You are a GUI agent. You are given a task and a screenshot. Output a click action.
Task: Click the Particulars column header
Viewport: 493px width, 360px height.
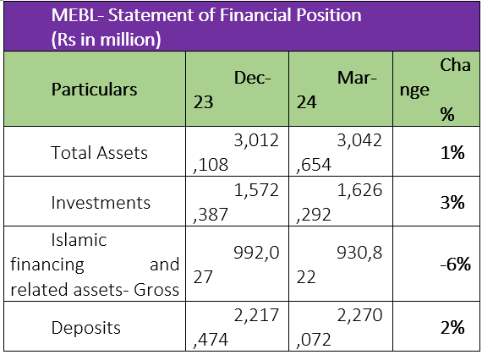(x=95, y=90)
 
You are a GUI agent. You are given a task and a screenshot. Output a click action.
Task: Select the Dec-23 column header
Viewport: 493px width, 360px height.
(x=233, y=90)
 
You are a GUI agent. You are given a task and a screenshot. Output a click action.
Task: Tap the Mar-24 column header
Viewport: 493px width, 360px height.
(x=337, y=90)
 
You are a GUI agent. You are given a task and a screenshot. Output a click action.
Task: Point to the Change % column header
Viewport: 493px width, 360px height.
(x=435, y=90)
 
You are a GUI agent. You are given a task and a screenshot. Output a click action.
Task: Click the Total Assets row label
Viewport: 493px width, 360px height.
(x=99, y=153)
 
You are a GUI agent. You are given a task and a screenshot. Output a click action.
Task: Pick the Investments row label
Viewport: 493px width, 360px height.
(x=101, y=203)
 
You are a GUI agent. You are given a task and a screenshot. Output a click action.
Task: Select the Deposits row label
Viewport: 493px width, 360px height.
(x=86, y=328)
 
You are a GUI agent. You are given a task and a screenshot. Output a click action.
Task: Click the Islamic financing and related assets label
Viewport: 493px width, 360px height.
(x=95, y=265)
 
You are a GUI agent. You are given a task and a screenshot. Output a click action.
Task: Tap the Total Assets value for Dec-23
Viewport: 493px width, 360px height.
(x=236, y=153)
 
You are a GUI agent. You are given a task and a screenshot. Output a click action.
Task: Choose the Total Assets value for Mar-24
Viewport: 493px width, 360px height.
(x=340, y=153)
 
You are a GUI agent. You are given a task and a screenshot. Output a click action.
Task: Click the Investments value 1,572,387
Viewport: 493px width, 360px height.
(x=236, y=203)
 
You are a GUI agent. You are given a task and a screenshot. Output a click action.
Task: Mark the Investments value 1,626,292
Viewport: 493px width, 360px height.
(x=340, y=203)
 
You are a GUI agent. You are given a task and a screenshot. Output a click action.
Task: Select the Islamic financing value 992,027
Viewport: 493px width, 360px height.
(x=237, y=265)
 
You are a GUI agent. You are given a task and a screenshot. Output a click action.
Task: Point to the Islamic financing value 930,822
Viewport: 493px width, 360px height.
(x=340, y=265)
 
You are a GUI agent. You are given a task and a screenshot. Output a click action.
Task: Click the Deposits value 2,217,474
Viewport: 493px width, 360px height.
(x=236, y=327)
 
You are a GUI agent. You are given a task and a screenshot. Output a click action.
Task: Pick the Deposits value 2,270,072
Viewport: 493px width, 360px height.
(x=340, y=327)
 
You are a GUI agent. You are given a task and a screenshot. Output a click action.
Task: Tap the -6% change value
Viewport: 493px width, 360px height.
(x=455, y=265)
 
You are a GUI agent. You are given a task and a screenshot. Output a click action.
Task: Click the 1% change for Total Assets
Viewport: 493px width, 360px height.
(x=452, y=153)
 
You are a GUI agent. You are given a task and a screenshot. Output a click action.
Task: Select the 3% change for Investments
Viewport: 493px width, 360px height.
(x=452, y=203)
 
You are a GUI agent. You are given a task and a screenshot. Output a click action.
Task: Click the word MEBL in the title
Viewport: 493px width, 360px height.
(x=74, y=15)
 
